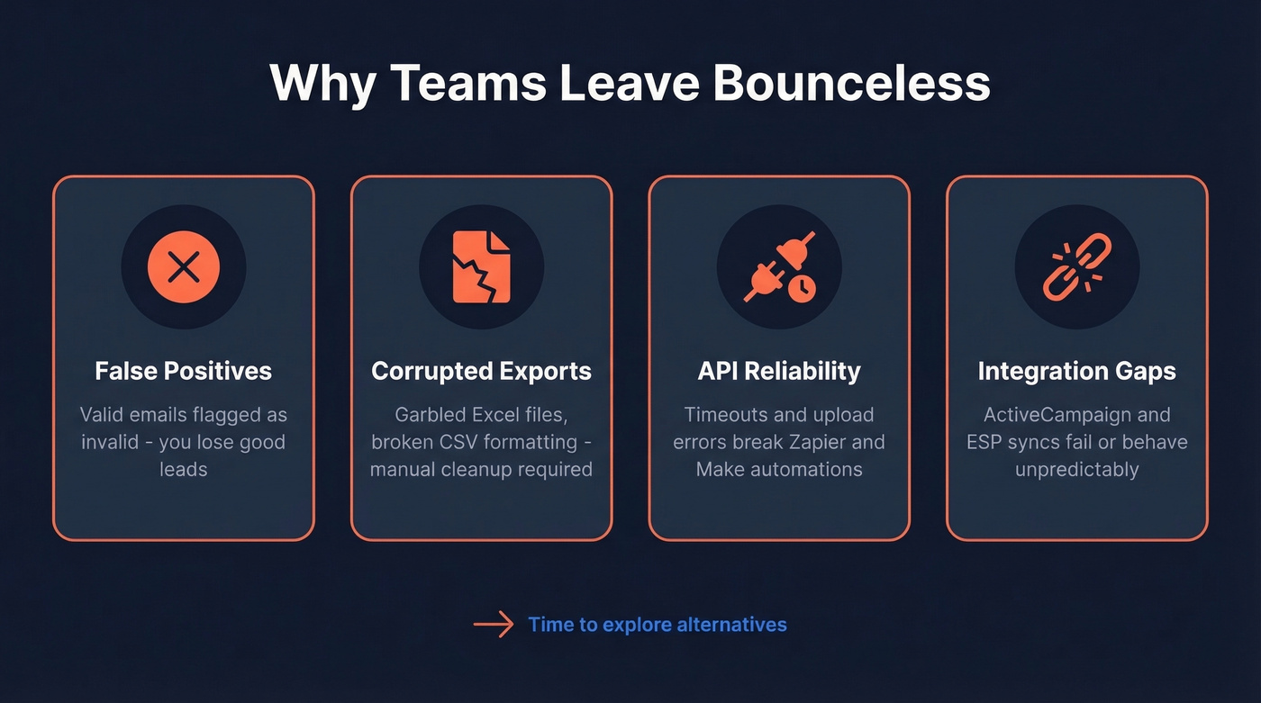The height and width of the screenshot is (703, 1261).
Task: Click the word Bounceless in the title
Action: (x=851, y=83)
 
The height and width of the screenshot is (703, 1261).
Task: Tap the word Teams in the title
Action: (x=469, y=83)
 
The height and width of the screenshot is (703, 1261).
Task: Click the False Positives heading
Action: (x=184, y=371)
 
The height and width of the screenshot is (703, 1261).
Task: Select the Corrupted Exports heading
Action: (x=481, y=371)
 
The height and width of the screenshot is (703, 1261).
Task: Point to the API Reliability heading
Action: (x=779, y=371)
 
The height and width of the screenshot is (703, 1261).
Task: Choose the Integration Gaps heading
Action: (x=1076, y=371)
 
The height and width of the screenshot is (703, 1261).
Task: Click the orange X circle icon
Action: (x=184, y=266)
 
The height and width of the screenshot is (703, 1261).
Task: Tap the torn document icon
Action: (x=481, y=266)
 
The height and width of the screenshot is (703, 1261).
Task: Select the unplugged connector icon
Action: (x=779, y=266)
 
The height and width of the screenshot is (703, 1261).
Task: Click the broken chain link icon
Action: (x=1076, y=268)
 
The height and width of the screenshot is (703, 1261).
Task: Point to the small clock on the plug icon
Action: (x=802, y=288)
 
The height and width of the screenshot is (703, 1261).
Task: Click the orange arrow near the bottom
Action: (x=494, y=625)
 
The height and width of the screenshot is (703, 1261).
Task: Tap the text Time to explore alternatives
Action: (x=658, y=625)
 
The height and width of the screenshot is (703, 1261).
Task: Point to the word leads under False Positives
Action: (x=184, y=469)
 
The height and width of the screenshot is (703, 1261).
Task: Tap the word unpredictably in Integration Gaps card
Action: (x=1076, y=469)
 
